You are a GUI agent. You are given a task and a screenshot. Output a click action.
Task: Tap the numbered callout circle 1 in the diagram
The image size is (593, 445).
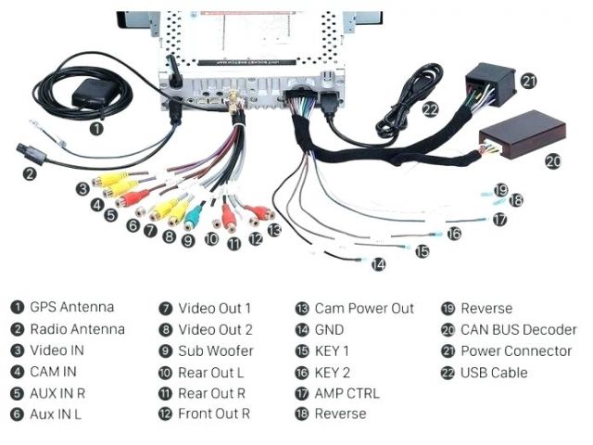tap(96, 130)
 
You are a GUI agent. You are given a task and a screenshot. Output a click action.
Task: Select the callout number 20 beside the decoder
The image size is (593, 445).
tap(552, 160)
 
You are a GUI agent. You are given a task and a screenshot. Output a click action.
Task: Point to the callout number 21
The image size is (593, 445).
tap(528, 81)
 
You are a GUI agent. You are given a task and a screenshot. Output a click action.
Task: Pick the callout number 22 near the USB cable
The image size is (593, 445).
tap(429, 108)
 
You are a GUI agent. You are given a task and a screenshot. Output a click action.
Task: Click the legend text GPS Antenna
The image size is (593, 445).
tap(72, 307)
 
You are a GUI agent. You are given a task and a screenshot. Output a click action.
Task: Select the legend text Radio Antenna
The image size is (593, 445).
tap(77, 328)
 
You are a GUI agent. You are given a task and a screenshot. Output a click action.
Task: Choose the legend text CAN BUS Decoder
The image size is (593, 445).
tap(518, 329)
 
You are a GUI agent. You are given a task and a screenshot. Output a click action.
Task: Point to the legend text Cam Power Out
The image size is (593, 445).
tap(364, 308)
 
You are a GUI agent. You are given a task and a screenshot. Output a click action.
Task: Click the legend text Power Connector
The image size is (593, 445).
tap(516, 351)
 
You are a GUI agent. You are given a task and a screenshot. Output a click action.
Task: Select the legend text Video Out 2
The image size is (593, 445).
tap(215, 329)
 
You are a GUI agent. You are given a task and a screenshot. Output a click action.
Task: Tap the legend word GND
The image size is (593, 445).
tap(329, 329)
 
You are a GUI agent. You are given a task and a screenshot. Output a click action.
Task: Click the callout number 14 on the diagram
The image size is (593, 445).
tap(378, 264)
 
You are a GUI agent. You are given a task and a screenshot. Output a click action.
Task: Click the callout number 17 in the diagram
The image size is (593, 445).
tap(499, 220)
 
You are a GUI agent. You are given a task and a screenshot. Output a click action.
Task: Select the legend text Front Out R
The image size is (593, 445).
tap(214, 414)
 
